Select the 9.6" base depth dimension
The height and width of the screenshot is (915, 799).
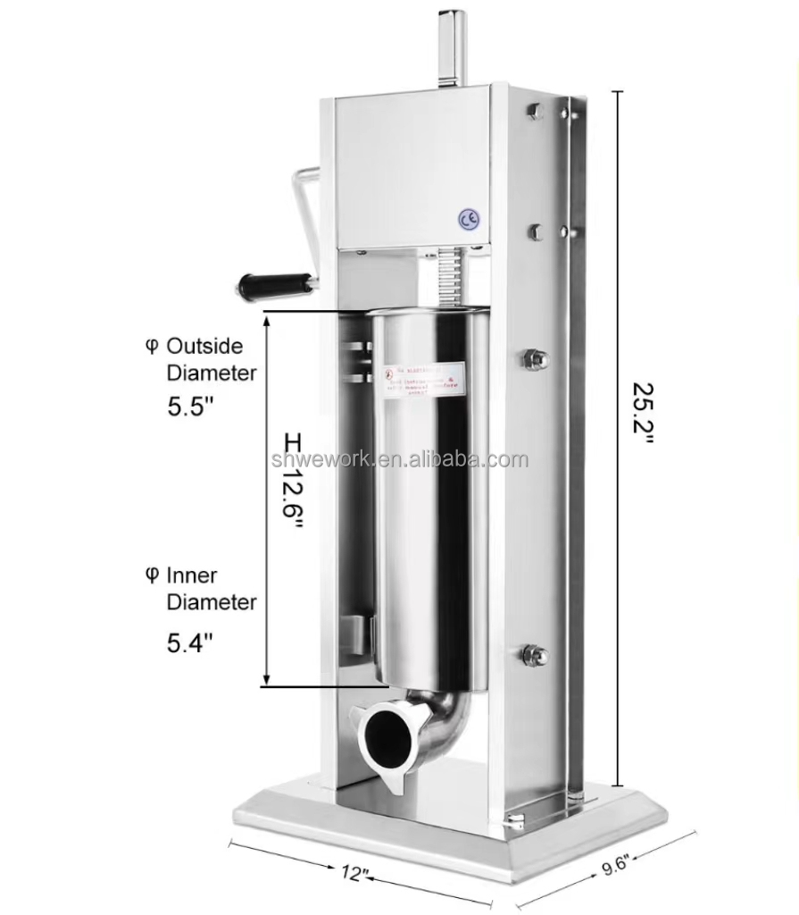(x=613, y=866)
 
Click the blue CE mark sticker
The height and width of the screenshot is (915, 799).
(x=468, y=220)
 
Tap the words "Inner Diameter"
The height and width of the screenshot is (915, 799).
(x=211, y=589)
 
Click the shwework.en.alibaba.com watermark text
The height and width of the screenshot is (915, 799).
(x=399, y=461)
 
